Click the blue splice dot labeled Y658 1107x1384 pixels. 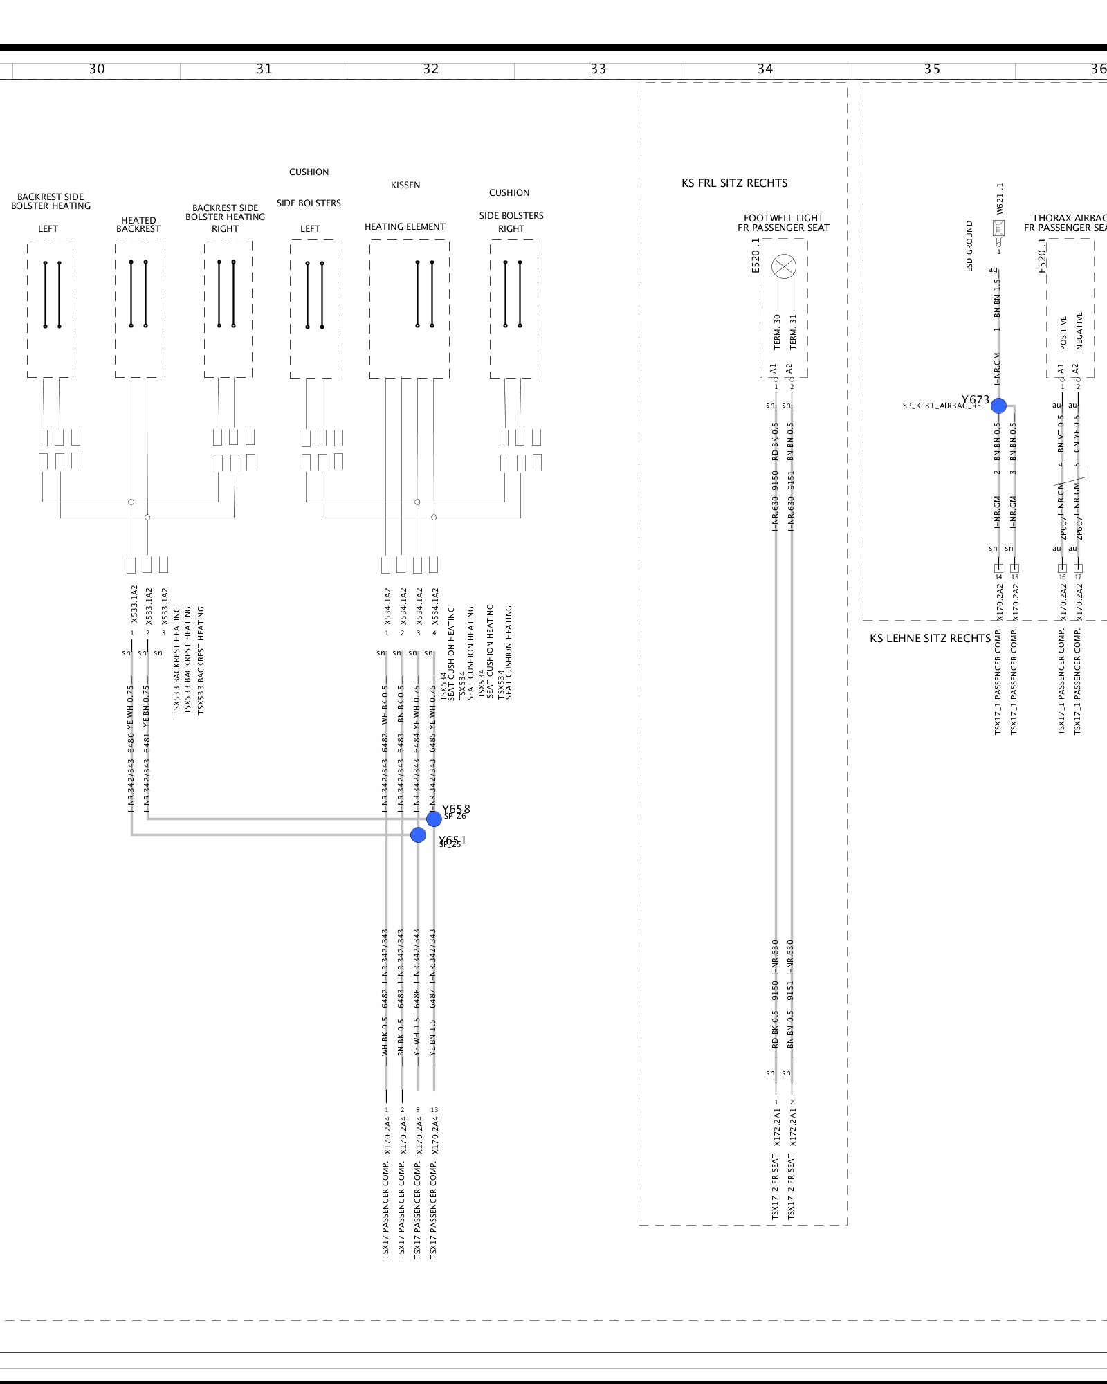tap(434, 819)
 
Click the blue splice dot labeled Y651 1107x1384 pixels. tap(418, 835)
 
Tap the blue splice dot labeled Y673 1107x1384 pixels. tap(998, 406)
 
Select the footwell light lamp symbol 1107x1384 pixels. tap(784, 266)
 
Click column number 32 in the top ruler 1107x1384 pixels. tap(431, 69)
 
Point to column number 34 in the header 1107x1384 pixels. tap(765, 69)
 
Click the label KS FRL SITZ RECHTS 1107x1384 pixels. tap(734, 183)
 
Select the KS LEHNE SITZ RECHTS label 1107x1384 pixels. tap(929, 639)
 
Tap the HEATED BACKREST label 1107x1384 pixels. tap(138, 225)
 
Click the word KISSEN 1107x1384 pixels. tap(405, 185)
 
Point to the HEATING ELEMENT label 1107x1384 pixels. tap(405, 227)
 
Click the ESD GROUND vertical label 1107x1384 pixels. tap(969, 246)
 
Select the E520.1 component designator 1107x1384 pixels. tap(756, 255)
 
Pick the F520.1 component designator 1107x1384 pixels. tap(1042, 255)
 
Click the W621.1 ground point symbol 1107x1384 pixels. tap(998, 228)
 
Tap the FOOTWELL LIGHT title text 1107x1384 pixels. tap(783, 218)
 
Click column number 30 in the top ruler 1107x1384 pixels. tap(97, 69)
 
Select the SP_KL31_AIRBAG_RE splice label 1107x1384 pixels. tap(941, 406)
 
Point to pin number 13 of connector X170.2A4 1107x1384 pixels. tap(434, 1110)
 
